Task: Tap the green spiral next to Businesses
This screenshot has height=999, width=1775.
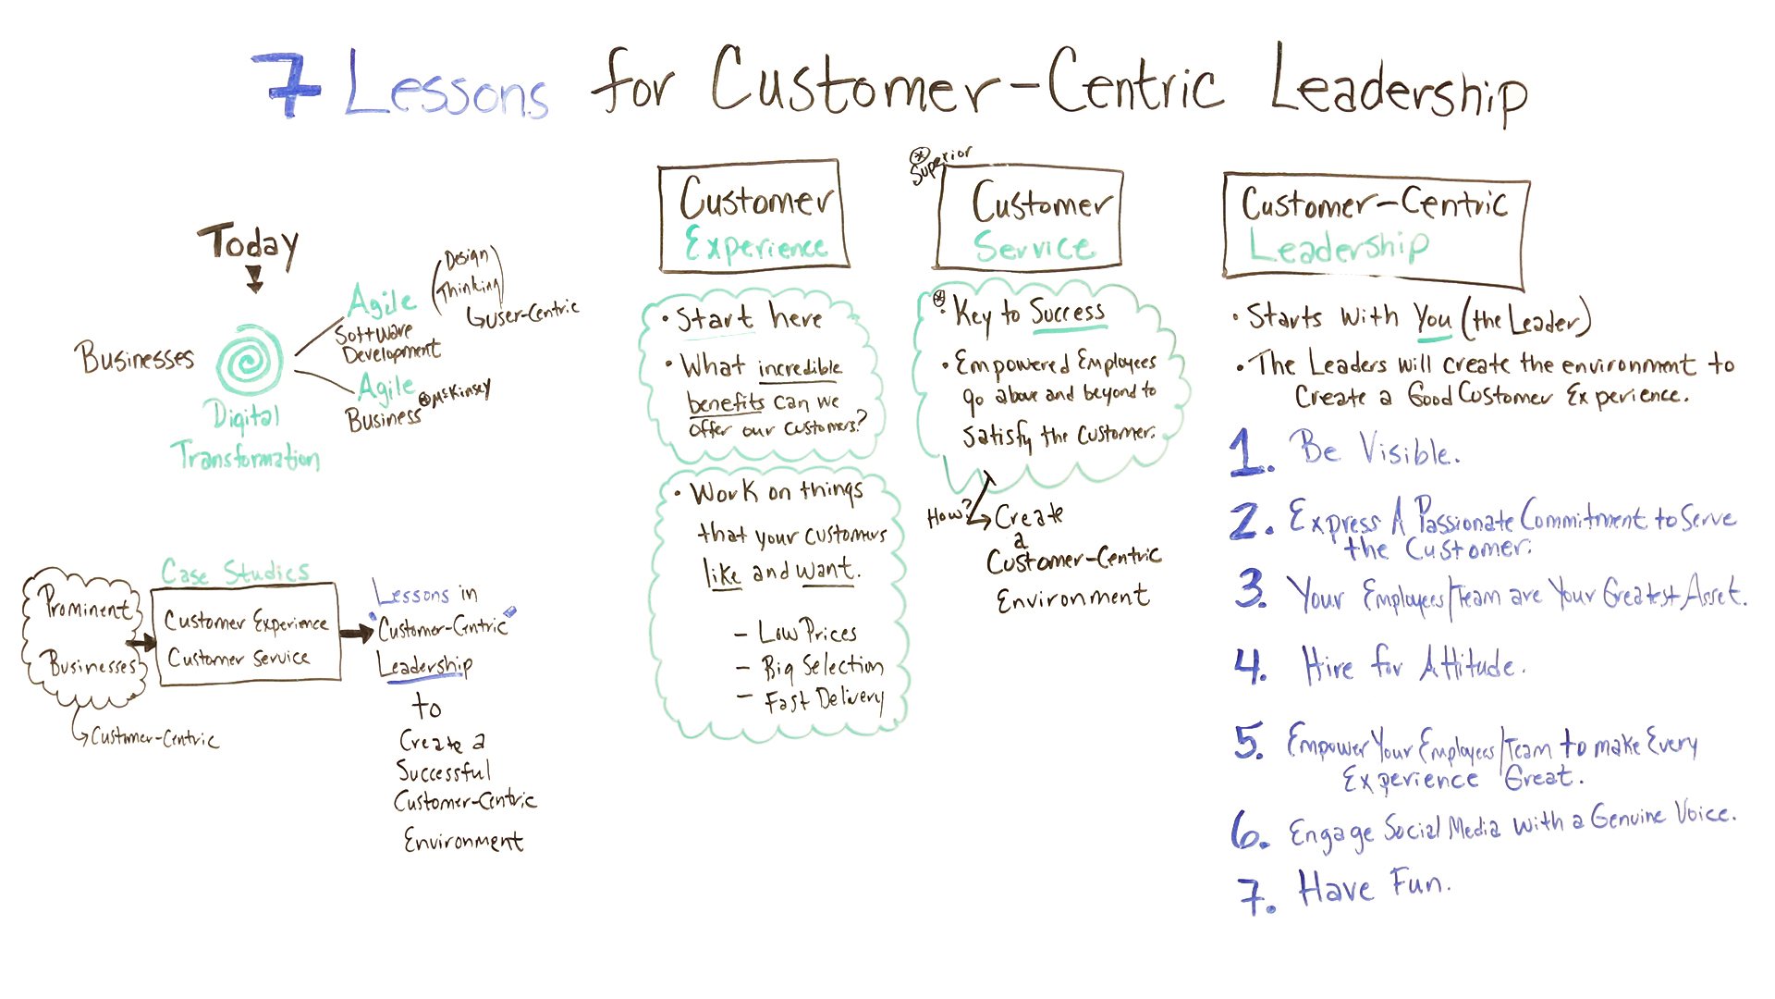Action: pos(250,360)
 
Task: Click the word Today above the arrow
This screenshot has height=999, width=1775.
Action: pos(248,244)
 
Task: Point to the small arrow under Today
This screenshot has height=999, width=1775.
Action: pos(255,278)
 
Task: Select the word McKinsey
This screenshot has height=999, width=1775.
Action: pos(459,392)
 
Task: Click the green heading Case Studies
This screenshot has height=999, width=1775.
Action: pos(235,573)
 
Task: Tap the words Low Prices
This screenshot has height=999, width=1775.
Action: pos(807,633)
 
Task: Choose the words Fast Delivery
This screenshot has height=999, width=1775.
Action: pos(823,701)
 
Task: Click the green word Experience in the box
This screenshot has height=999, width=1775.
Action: pos(755,246)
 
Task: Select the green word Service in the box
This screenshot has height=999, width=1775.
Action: pos(1034,247)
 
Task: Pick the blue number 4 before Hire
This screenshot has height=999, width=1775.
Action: pos(1250,664)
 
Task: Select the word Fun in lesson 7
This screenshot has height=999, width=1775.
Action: pos(1420,885)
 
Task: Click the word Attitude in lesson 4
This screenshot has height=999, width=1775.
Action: pos(1470,664)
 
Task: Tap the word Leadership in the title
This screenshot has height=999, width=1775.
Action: pos(1398,86)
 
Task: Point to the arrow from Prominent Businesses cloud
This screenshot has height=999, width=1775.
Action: pos(141,643)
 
